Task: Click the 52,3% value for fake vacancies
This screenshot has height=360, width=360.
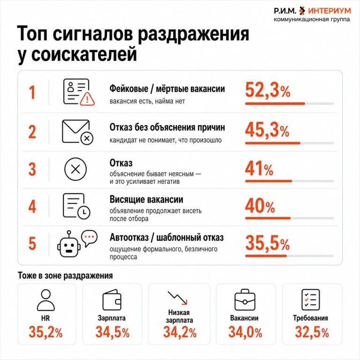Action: coord(268,90)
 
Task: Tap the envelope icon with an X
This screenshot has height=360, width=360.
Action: coord(77,132)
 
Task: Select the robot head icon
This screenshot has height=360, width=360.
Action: coord(69,246)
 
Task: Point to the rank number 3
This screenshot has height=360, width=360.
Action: coord(32,169)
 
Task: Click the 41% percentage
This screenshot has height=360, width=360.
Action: coord(259,169)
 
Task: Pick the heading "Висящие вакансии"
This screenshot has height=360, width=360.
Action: coord(146,200)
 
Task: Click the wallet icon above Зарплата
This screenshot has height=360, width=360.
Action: coord(112,300)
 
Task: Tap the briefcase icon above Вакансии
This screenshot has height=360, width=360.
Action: coord(245,300)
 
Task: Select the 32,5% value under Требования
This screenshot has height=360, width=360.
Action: coord(312,332)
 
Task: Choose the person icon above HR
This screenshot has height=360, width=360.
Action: coord(45,300)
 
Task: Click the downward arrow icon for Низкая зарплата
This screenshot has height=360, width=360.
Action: coord(178,298)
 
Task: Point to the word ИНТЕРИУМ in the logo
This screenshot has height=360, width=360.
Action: coord(330,11)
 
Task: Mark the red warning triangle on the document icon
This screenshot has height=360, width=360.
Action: coord(87,99)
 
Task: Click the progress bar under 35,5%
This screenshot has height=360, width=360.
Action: coord(289,256)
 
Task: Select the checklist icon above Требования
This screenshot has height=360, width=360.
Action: coord(310,300)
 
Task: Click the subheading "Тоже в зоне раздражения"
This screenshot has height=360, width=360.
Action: coord(65,276)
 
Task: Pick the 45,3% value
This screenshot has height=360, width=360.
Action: coord(267,130)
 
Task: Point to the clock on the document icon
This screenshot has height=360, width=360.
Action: coord(84,211)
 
